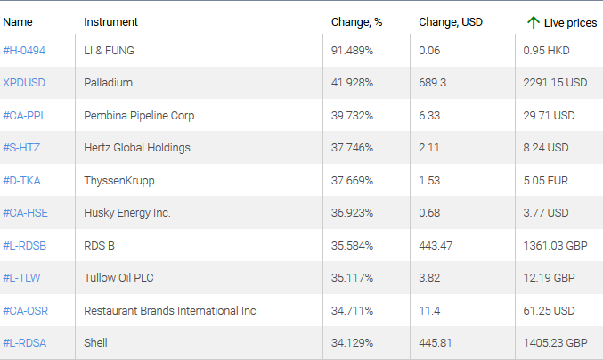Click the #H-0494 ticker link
pos(24,51)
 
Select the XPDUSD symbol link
pos(24,83)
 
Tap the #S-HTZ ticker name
pos(22,148)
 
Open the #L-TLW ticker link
pos(22,278)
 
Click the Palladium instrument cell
pos(108,83)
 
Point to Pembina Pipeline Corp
pos(139,116)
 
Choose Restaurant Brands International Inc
pos(169,310)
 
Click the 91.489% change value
pos(352,51)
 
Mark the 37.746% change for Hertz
pos(352,148)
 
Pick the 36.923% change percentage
pos(352,213)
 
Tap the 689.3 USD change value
pos(432,83)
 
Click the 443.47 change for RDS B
pos(436,245)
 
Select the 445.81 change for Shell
pos(436,343)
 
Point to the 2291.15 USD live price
pos(555,83)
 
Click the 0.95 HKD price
pos(547,51)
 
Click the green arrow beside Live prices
pos(534,21)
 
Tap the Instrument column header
pos(110,21)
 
